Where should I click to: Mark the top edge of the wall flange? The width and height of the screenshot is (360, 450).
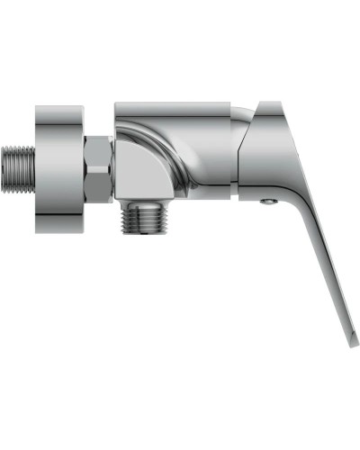pyautogui.click(x=61, y=107)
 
